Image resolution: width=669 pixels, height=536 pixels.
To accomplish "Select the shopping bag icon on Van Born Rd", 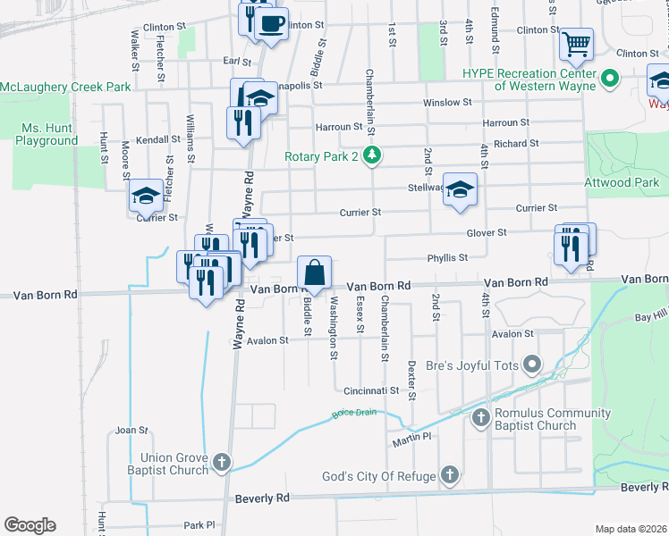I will point(315,272).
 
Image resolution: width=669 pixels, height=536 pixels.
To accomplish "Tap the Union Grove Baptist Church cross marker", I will point(222,462).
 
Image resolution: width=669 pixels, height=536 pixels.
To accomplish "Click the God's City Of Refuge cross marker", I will point(450,476).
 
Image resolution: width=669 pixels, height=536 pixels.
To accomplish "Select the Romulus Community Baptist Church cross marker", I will point(481,418).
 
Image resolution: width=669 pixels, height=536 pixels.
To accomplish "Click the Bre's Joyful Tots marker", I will point(533,364).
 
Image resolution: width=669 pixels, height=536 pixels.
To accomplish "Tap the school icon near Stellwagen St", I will point(460,189).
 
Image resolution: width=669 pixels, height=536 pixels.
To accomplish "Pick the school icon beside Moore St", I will point(145,196).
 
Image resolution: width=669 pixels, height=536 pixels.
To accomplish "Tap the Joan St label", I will point(131,430).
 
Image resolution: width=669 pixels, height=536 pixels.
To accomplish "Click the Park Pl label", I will point(199,525).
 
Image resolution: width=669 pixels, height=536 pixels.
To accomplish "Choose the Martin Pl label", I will point(411,438).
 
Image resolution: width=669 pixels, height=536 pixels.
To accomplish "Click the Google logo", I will point(30,525).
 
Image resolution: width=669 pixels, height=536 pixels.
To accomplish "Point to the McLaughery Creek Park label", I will point(65,86).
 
